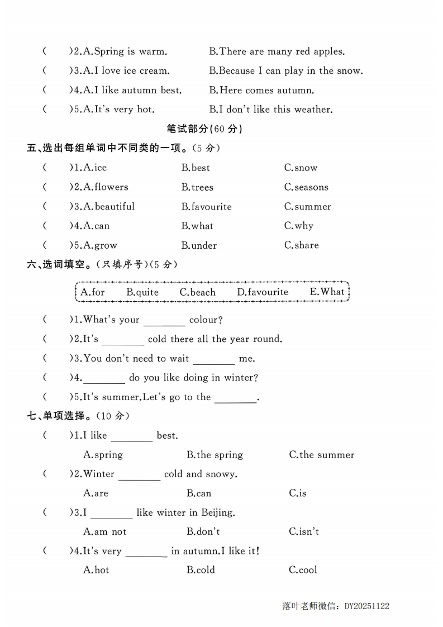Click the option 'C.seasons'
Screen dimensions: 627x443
click(306, 187)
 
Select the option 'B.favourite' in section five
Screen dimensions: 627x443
click(206, 207)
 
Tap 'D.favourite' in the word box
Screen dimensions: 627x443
click(263, 292)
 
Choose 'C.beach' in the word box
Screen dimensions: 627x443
click(197, 292)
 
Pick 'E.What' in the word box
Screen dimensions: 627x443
click(327, 292)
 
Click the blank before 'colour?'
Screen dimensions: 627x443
click(164, 321)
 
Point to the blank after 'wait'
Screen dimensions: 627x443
click(213, 360)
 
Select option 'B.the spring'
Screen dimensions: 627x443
click(215, 455)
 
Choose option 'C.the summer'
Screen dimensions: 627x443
click(321, 455)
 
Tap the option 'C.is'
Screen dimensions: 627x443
click(298, 493)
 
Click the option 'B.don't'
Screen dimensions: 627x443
click(203, 531)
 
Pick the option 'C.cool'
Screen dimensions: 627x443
click(303, 570)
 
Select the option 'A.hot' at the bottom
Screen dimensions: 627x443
click(96, 570)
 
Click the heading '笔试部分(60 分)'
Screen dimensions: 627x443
click(204, 129)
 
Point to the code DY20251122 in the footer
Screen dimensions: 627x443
click(366, 606)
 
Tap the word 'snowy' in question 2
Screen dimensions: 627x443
click(220, 474)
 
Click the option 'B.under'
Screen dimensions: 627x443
click(199, 245)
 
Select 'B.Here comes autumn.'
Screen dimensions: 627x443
click(261, 90)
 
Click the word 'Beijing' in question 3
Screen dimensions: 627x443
click(216, 512)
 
